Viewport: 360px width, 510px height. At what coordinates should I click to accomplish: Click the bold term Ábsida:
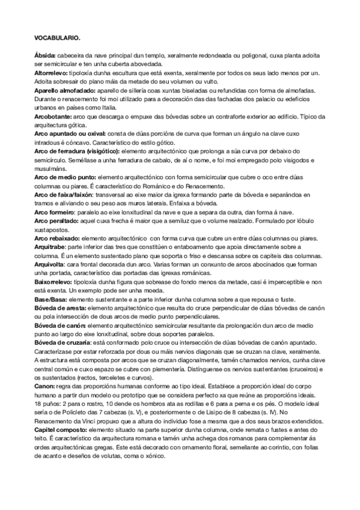pos(46,55)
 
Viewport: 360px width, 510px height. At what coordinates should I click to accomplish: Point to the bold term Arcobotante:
pos(53,116)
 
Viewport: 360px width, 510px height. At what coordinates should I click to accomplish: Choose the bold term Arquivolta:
pos(50,265)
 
